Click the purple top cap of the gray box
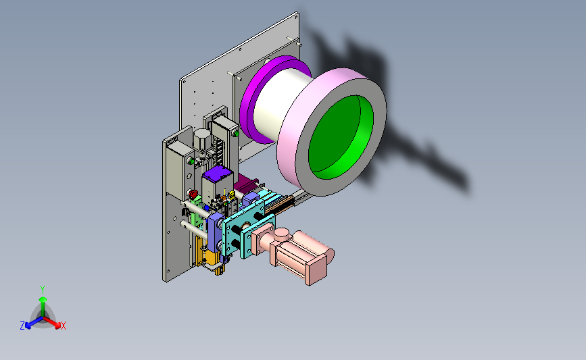[x=218, y=174]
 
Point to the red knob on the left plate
[x=193, y=195]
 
